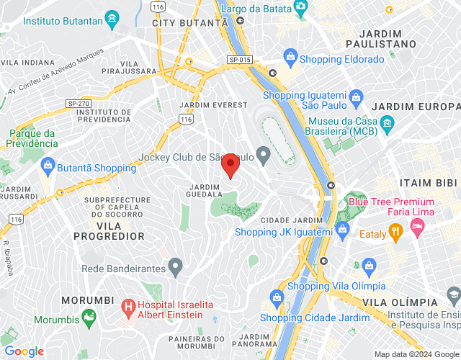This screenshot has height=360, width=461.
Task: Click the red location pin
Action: point(230,165)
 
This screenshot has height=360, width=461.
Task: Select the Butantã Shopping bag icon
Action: point(48,166)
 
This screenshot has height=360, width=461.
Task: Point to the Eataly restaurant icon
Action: point(395,232)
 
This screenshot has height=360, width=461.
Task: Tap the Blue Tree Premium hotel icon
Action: point(417,227)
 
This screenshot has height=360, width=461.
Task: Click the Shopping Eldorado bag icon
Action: point(290,56)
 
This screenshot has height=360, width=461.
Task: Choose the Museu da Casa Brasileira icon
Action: point(388,123)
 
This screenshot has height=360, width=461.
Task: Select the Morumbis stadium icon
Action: point(89,316)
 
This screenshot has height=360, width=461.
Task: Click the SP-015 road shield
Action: point(239,60)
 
